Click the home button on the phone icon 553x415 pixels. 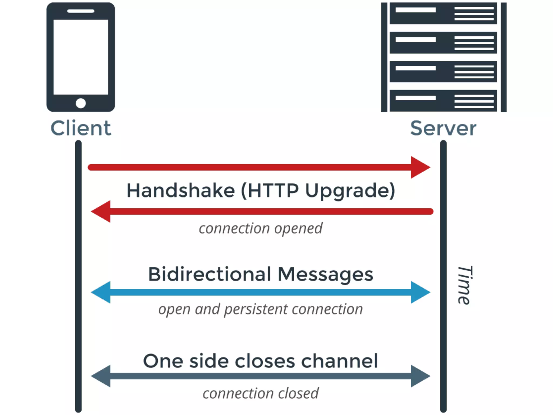coord(81,103)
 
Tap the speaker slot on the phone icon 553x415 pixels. coord(81,11)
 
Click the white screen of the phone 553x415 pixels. coord(81,57)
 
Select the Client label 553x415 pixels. coord(81,128)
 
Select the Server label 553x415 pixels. coord(443,128)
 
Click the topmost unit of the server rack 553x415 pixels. coord(443,14)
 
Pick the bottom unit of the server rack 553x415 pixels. coord(443,101)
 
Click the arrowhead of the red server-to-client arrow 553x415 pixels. coord(102,211)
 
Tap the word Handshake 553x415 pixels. coord(181,190)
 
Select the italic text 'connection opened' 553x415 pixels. coord(261,229)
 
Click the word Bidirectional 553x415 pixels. coord(209,274)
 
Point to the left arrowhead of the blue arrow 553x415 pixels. coord(102,292)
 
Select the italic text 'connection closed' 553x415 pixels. coord(261,393)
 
